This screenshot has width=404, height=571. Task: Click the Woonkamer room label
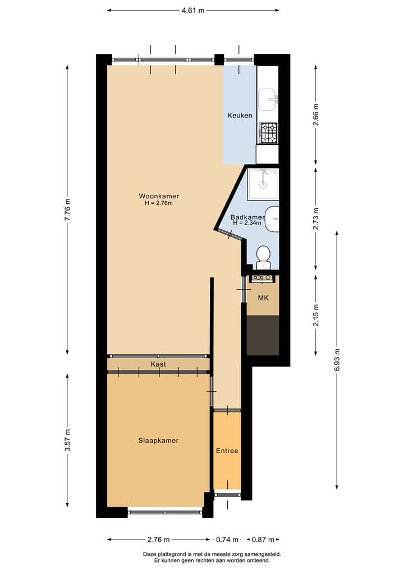tap(159, 196)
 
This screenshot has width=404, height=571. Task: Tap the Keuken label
tap(240, 116)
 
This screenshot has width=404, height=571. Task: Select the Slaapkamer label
tap(158, 441)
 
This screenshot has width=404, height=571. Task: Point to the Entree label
tap(227, 451)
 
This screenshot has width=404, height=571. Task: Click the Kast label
tap(158, 364)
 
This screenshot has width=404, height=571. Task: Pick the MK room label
tap(263, 297)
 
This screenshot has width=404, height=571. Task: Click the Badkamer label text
tap(247, 217)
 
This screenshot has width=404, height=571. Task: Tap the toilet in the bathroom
tap(263, 257)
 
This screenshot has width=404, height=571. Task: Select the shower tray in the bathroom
tap(263, 183)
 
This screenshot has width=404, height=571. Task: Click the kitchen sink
tap(268, 99)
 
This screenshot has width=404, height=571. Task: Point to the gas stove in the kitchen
tap(268, 133)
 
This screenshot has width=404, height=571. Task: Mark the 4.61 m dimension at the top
tap(192, 10)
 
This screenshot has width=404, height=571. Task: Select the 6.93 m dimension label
tap(337, 359)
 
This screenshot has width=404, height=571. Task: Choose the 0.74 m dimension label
tap(227, 540)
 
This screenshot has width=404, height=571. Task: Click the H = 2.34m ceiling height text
tap(247, 223)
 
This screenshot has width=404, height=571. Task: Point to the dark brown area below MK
tap(263, 335)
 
